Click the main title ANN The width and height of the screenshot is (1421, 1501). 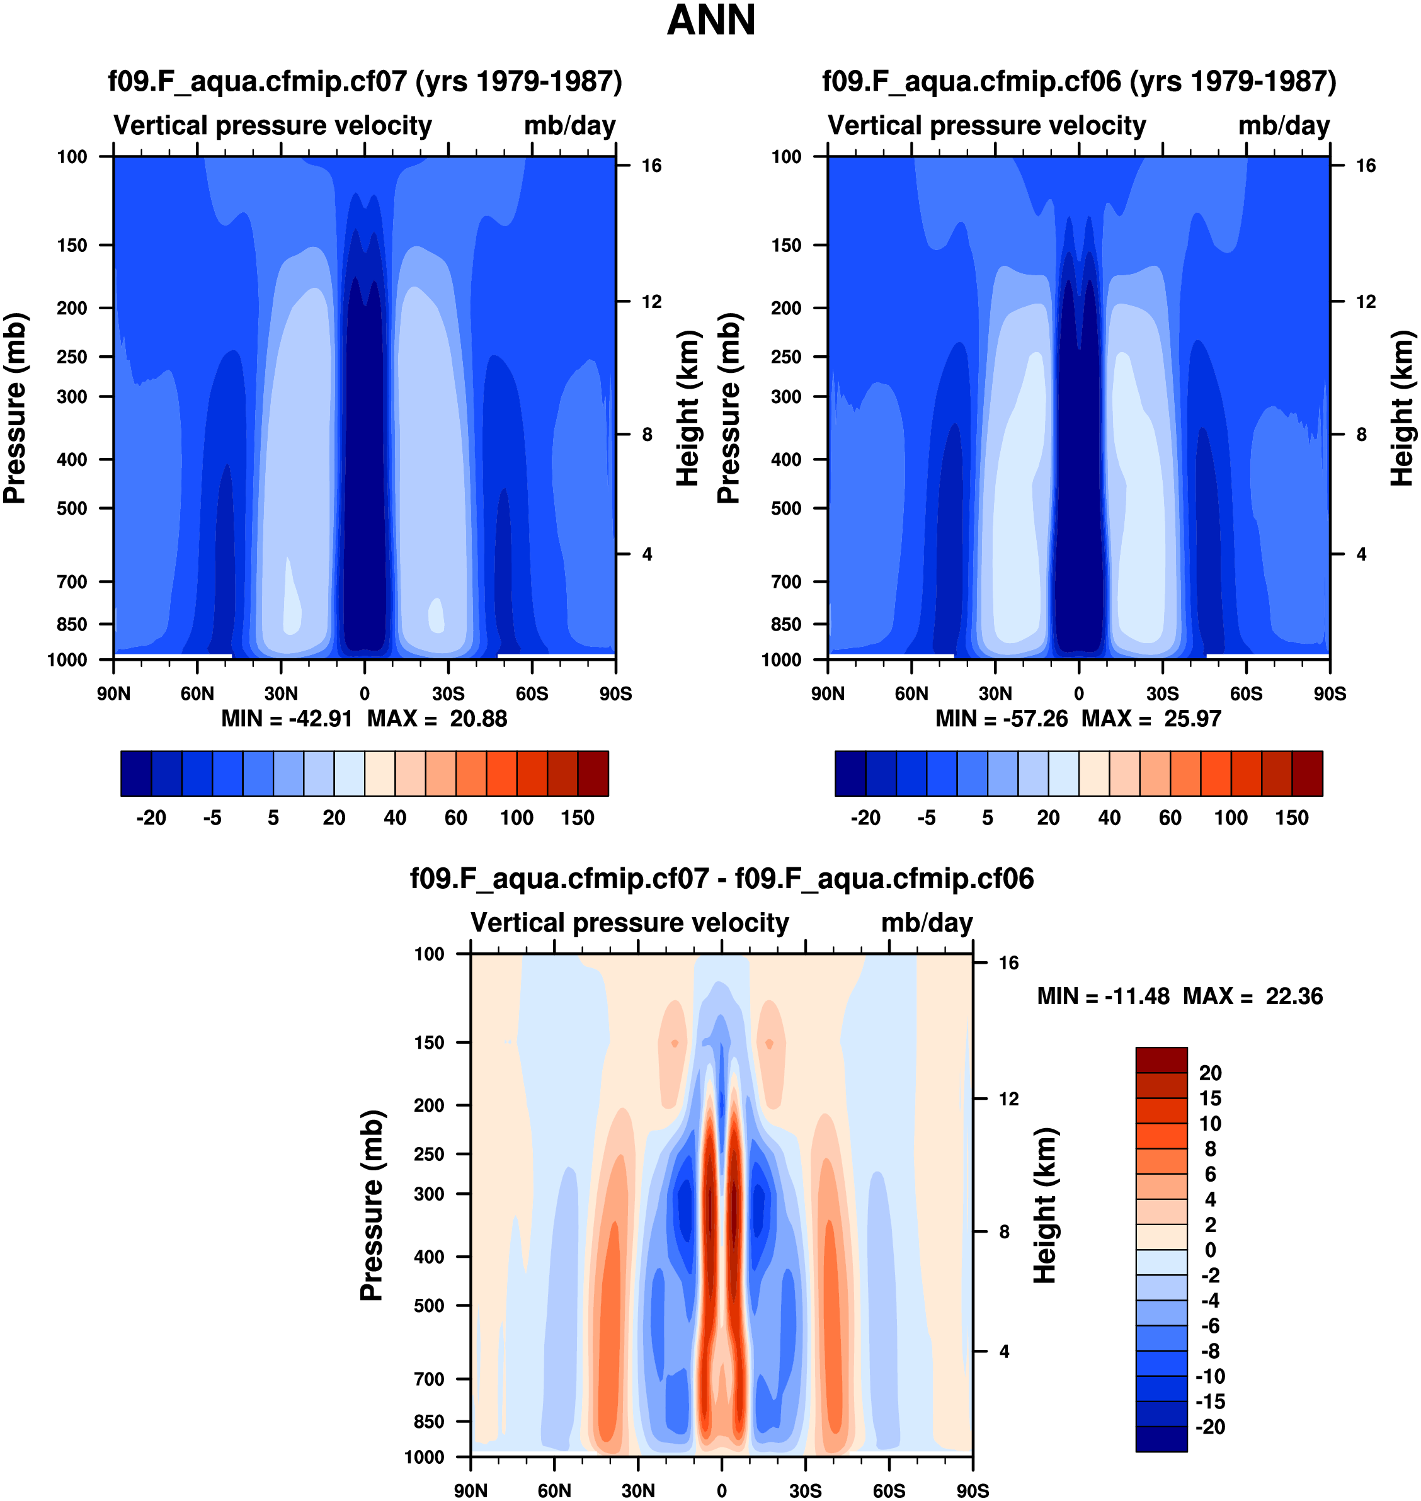[x=710, y=20]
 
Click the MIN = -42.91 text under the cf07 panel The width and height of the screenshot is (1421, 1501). [x=287, y=718]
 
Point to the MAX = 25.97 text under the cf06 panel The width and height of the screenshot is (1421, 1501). [x=1151, y=718]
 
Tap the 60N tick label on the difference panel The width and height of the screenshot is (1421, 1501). [x=554, y=1490]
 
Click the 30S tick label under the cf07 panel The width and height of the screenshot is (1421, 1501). [x=448, y=693]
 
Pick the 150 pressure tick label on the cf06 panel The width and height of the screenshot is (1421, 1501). [x=785, y=246]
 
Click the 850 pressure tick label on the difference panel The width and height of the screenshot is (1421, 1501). [x=429, y=1422]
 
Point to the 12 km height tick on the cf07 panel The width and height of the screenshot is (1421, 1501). [x=651, y=302]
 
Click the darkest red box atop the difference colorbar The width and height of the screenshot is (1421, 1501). [x=1161, y=1059]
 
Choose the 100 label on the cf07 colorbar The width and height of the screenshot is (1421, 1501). [x=516, y=818]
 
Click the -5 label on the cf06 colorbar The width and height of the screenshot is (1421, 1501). [x=927, y=818]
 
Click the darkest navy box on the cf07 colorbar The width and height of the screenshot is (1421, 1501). [x=136, y=773]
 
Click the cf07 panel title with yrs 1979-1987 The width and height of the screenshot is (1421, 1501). [x=365, y=81]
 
